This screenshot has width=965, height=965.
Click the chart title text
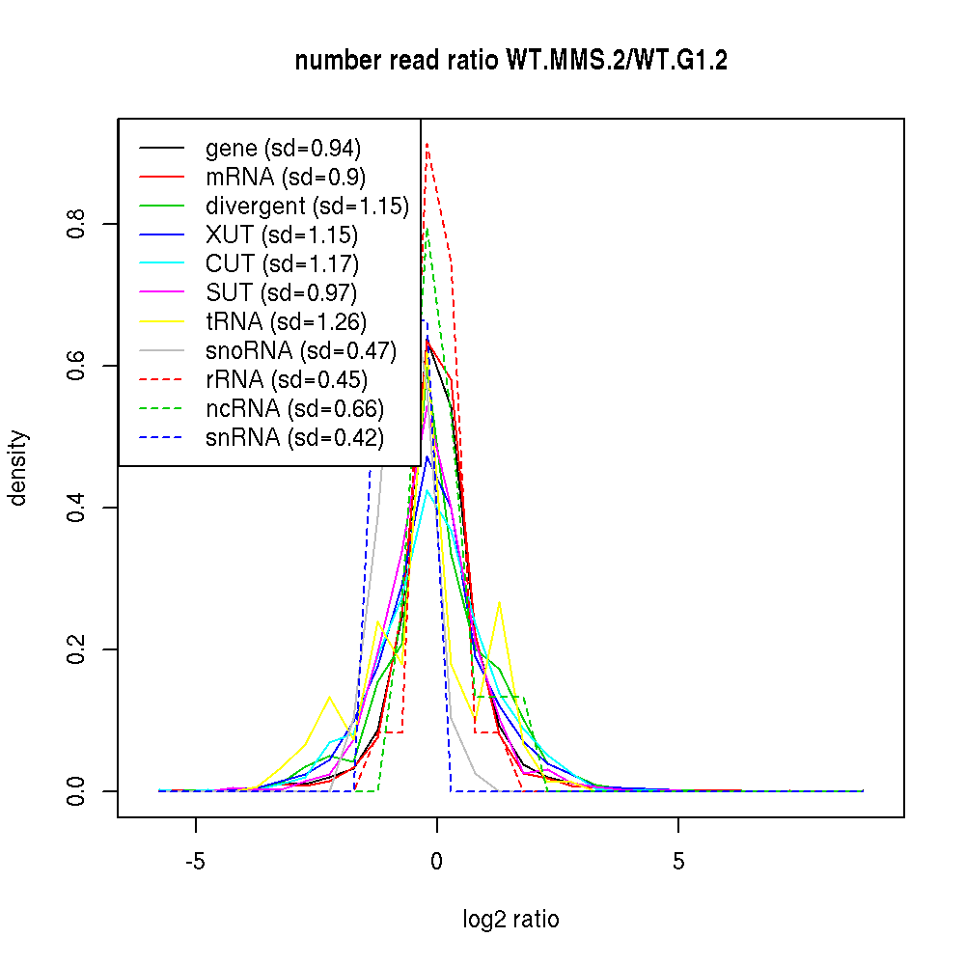coord(510,61)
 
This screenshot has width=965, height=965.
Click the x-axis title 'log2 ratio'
coord(510,919)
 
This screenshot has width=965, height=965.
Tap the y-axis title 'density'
coord(18,467)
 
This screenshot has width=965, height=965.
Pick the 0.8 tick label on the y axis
coord(78,224)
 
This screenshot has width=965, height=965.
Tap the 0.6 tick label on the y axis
coord(78,366)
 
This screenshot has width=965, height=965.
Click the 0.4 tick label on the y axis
coord(78,508)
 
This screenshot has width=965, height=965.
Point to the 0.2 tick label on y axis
coord(78,649)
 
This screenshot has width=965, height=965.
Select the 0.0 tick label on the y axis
coord(78,791)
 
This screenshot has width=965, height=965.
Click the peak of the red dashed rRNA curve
coord(427,145)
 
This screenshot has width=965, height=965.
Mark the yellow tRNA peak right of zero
coord(499,603)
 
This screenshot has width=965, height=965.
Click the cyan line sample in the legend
coord(161,264)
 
